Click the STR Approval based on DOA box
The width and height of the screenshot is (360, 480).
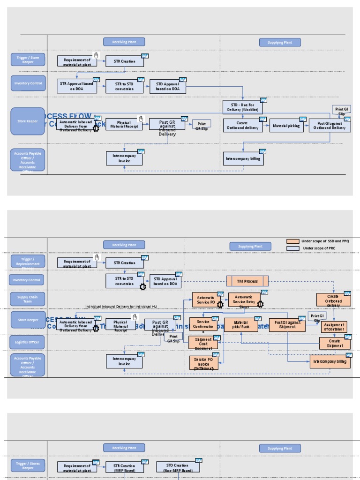point(77,86)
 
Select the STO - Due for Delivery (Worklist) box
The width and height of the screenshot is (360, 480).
point(242,107)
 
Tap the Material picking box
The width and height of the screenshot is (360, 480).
point(286,126)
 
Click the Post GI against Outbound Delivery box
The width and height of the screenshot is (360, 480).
point(330,126)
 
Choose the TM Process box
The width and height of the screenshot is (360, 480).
point(248,281)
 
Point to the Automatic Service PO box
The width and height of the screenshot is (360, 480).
point(206,300)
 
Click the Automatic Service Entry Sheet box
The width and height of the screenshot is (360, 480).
point(244,300)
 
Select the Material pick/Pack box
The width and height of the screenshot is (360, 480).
point(241,325)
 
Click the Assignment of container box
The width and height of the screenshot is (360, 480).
point(334,327)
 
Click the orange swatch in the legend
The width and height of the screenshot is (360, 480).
point(293,241)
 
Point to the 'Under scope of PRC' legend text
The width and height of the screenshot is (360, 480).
point(319,248)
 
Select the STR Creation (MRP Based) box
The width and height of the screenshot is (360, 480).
point(124,467)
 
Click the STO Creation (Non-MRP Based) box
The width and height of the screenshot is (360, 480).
point(178,467)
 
